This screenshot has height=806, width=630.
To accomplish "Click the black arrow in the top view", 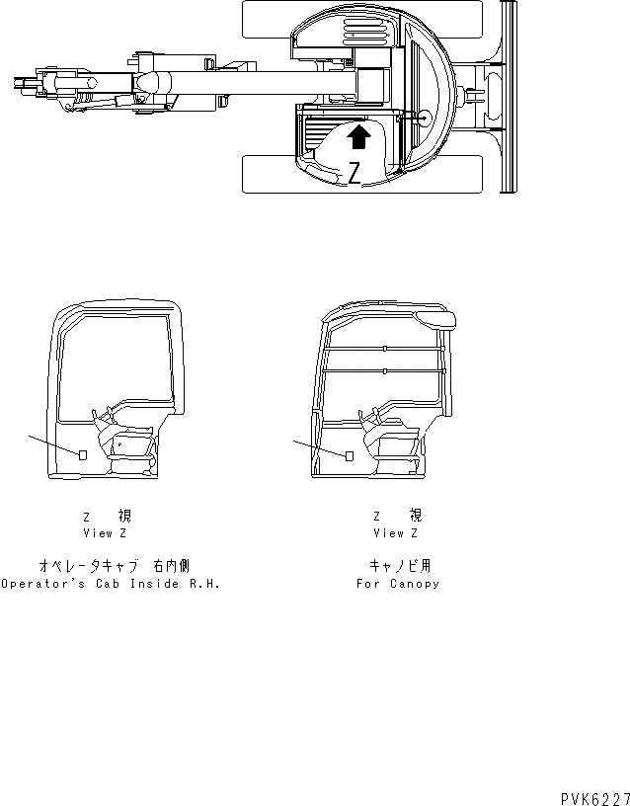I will pos(362,134).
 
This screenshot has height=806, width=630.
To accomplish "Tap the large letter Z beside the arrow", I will pos(354,174).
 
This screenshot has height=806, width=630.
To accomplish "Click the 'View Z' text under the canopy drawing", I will pos(395,532).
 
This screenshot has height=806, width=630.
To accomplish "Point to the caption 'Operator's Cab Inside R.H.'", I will pos(110,583).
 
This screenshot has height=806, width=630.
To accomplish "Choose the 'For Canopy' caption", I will pos(398,583).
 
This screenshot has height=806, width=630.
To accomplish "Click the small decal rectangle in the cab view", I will pos(84,453).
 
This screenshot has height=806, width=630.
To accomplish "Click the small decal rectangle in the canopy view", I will pos(349,455).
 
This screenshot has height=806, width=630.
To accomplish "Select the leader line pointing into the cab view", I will pos(54,443).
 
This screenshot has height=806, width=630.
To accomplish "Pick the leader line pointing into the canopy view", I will pos(318,447).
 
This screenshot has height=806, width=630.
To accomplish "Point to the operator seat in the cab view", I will pos(128,436).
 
